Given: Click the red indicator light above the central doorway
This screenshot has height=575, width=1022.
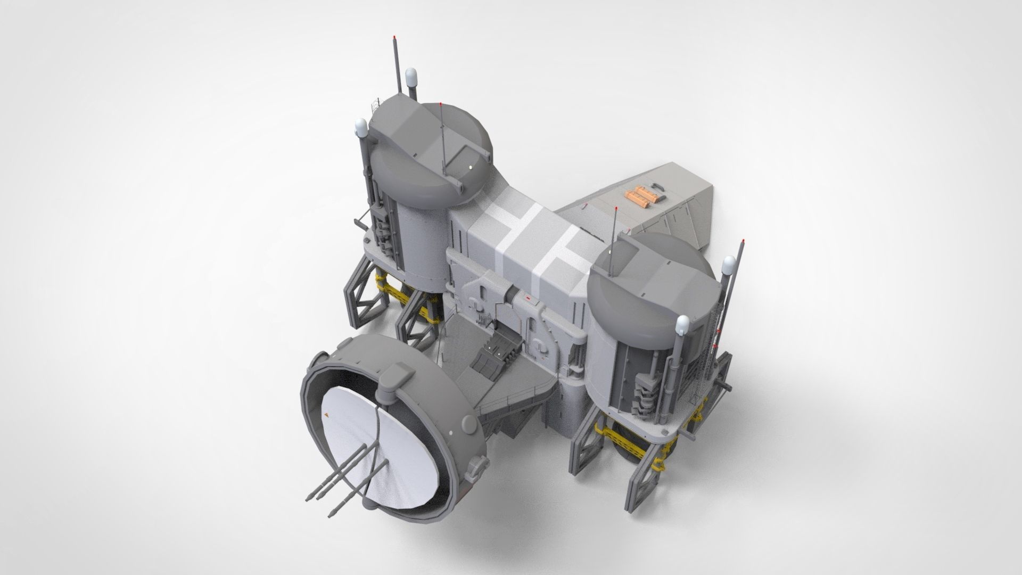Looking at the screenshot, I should pyautogui.click(x=528, y=300).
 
